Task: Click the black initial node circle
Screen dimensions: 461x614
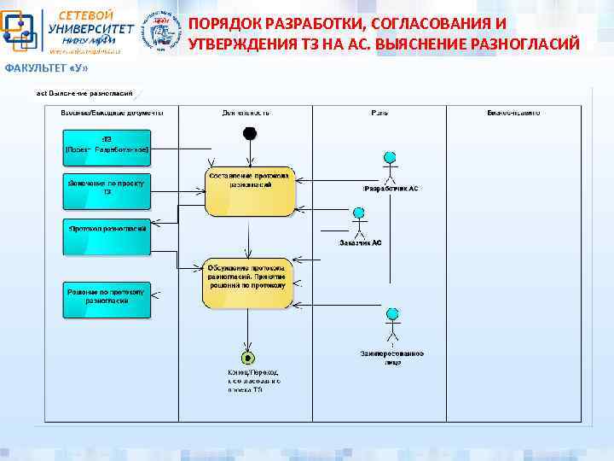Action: pyautogui.click(x=249, y=133)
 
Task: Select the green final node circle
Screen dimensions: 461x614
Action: pyautogui.click(x=248, y=356)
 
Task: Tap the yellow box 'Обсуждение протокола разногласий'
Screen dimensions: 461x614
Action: pyautogui.click(x=247, y=283)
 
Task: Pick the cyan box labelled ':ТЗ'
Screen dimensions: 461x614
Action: pyautogui.click(x=107, y=147)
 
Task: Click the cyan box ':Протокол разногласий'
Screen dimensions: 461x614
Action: pyautogui.click(x=107, y=236)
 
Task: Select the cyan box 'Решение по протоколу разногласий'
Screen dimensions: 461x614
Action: pyautogui.click(x=107, y=299)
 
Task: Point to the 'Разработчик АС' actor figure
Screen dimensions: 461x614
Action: pyautogui.click(x=390, y=166)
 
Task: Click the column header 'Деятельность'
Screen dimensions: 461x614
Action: pyautogui.click(x=246, y=113)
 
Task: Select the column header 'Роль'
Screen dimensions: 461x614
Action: pyautogui.click(x=379, y=113)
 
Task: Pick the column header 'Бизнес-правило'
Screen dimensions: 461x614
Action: pyautogui.click(x=513, y=113)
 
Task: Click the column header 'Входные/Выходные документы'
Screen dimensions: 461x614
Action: pyautogui.click(x=112, y=113)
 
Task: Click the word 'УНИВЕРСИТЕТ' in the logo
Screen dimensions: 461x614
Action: pyautogui.click(x=91, y=28)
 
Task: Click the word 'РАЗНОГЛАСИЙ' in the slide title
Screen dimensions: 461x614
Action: pyautogui.click(x=530, y=44)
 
